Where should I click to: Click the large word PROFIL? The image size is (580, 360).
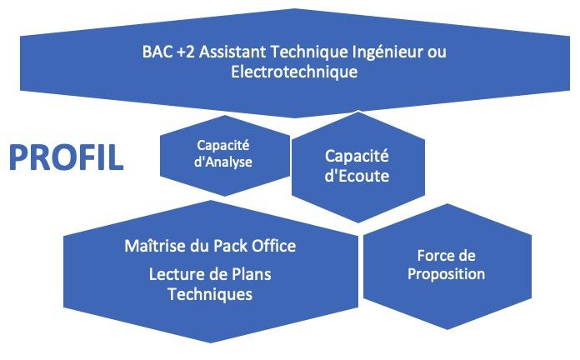tap(66, 158)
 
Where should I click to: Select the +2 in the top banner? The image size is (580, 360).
tap(186, 52)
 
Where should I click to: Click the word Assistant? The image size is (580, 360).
tap(232, 52)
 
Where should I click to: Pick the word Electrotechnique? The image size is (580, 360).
tap(294, 72)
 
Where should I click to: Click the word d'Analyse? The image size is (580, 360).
tap(223, 162)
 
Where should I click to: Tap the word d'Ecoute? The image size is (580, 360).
tap(357, 176)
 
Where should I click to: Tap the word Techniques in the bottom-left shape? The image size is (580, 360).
tap(210, 294)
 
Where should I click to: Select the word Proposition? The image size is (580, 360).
tap(446, 274)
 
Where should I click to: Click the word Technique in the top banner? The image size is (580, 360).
tap(309, 52)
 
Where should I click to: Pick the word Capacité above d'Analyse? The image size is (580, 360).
tap(223, 145)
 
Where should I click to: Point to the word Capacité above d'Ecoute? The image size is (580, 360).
tap(357, 156)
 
